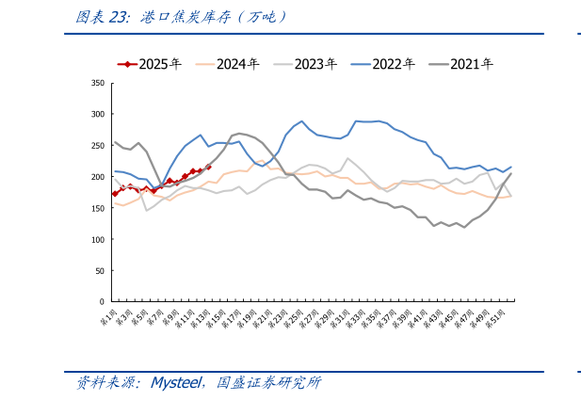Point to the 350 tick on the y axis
(97, 83)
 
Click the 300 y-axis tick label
(97, 114)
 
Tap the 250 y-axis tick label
(97, 145)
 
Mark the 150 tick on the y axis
(97, 208)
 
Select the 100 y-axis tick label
(97, 239)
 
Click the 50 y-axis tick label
(99, 271)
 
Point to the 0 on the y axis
(101, 302)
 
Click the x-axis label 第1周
(108, 316)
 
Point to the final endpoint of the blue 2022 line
(510, 168)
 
